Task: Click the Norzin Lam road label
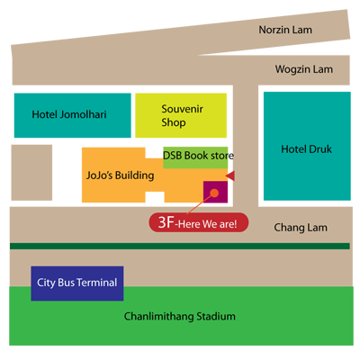pos(285,30)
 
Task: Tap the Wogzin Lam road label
pos(304,69)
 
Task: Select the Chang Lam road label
pos(301,228)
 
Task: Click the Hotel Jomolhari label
pos(69,114)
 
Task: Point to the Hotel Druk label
pos(306,149)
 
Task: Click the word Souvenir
pos(183,109)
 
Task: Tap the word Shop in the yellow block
pos(174,122)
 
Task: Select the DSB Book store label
pos(198,156)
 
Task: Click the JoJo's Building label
pos(120,175)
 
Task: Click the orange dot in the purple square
pos(214,193)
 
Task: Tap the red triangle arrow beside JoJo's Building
pos(230,176)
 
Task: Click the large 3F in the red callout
pos(166,222)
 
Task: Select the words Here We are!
pos(208,224)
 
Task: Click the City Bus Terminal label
pos(77,283)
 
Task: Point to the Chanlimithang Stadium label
pos(180,317)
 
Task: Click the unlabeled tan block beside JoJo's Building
pos(31,173)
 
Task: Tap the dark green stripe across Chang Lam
pos(180,246)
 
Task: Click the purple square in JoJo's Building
pos(215,192)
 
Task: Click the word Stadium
pos(216,317)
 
